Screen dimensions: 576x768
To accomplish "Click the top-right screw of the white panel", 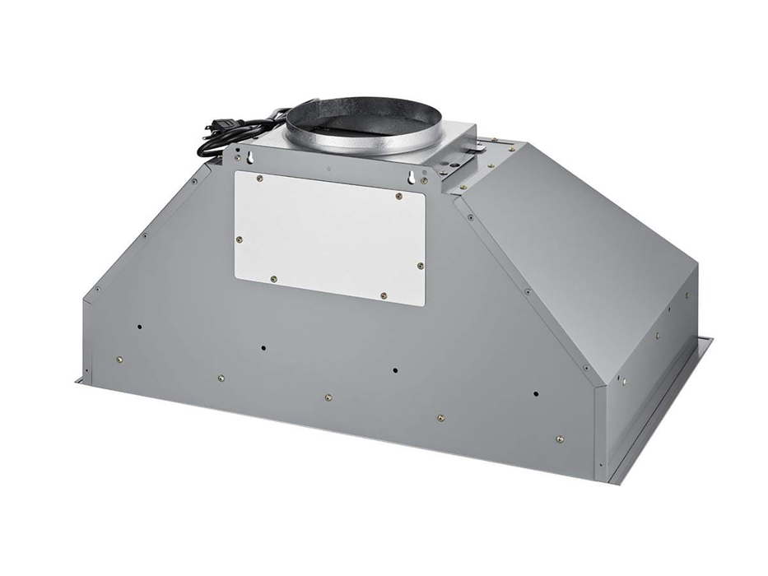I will click(x=398, y=196).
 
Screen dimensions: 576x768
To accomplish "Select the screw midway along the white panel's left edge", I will click(x=239, y=239).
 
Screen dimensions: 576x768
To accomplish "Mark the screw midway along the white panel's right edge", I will click(x=420, y=266).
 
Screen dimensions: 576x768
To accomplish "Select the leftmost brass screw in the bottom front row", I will click(x=120, y=358).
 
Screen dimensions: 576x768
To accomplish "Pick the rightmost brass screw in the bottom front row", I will click(x=560, y=439).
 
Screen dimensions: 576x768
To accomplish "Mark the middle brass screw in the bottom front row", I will click(x=328, y=397).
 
